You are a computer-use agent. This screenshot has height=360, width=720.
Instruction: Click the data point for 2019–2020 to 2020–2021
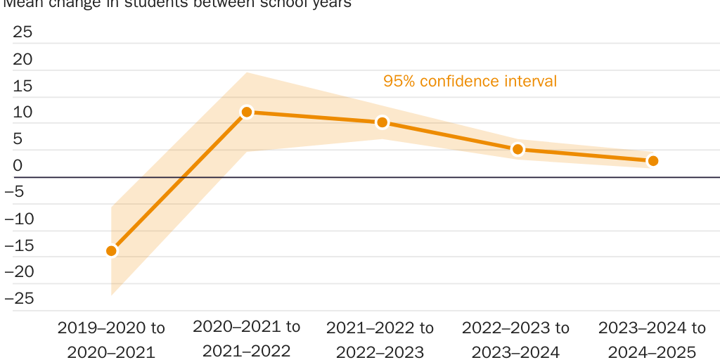[111, 251]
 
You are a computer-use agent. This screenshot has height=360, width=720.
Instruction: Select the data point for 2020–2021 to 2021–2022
[247, 112]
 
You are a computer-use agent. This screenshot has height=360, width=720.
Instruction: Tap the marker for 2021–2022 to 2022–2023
[382, 122]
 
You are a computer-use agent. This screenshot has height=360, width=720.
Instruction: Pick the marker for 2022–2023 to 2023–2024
[517, 149]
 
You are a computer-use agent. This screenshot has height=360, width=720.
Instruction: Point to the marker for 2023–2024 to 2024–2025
[652, 161]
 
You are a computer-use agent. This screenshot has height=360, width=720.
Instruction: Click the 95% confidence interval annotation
[470, 82]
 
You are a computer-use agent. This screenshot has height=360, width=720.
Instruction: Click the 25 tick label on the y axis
[23, 32]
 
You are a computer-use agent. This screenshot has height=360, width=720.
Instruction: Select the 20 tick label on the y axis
[23, 59]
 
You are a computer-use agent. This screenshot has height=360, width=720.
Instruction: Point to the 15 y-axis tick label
[23, 86]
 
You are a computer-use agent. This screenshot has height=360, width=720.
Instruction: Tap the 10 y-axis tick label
[23, 112]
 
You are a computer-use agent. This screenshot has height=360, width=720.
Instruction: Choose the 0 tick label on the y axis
[18, 166]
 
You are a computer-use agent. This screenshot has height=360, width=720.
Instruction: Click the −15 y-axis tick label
[19, 245]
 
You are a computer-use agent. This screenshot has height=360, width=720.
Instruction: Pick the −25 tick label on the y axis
[19, 299]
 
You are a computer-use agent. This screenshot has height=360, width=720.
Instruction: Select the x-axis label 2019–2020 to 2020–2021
[111, 340]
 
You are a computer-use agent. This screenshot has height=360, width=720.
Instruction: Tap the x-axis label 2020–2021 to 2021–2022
[247, 338]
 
